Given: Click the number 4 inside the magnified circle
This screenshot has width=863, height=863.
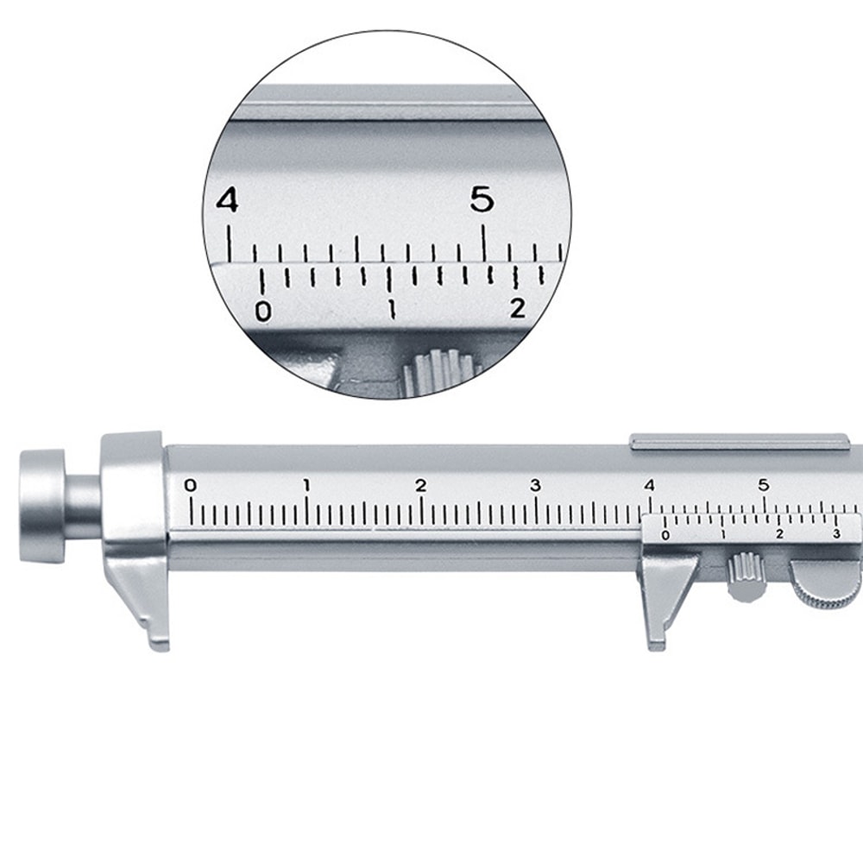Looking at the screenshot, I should pyautogui.click(x=226, y=201).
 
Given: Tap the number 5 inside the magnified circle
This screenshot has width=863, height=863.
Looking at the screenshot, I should pyautogui.click(x=482, y=201).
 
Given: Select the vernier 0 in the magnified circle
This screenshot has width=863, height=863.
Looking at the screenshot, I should pyautogui.click(x=263, y=311).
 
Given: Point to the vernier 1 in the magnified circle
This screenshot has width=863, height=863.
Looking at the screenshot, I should pyautogui.click(x=392, y=309).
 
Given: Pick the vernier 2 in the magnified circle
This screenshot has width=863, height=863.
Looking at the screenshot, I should pyautogui.click(x=517, y=307).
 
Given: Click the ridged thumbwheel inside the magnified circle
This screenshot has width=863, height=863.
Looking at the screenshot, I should pyautogui.click(x=440, y=369).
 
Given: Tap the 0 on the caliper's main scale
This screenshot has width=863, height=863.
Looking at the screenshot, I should pyautogui.click(x=191, y=485).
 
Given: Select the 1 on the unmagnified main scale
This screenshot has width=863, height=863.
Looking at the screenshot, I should pyautogui.click(x=306, y=485).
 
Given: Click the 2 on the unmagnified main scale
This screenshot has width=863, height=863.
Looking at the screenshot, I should pyautogui.click(x=420, y=485).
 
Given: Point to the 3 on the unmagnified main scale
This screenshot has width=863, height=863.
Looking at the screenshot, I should pyautogui.click(x=535, y=485).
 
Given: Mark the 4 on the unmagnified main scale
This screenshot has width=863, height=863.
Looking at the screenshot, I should pyautogui.click(x=649, y=485).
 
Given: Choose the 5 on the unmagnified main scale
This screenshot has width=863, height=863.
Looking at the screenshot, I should pyautogui.click(x=764, y=485).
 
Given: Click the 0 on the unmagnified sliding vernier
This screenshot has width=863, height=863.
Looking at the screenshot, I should pyautogui.click(x=665, y=536).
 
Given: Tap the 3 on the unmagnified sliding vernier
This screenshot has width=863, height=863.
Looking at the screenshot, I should pyautogui.click(x=835, y=535).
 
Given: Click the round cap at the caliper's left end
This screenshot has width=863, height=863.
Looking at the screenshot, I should pyautogui.click(x=43, y=506).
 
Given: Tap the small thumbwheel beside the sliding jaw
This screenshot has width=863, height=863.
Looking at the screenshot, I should pyautogui.click(x=744, y=576).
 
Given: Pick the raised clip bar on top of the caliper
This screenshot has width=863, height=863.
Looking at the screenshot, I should pyautogui.click(x=739, y=442).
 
